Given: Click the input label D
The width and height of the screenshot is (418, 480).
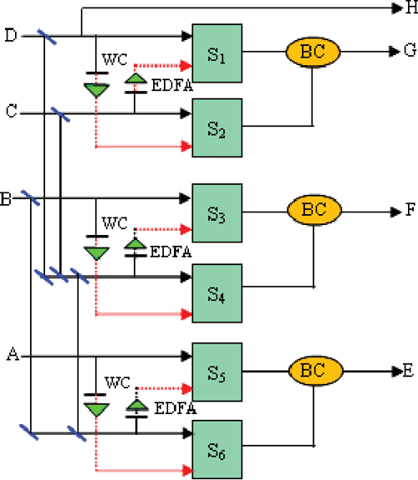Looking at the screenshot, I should coord(10,35).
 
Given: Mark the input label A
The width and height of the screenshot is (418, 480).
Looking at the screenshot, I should coord(12,355).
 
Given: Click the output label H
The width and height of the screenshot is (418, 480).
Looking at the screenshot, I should coord(410,8).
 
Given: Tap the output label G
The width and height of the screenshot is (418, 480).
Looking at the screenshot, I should coord(410,51).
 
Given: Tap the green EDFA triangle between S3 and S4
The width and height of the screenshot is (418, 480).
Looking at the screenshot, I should coord(135,246).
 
